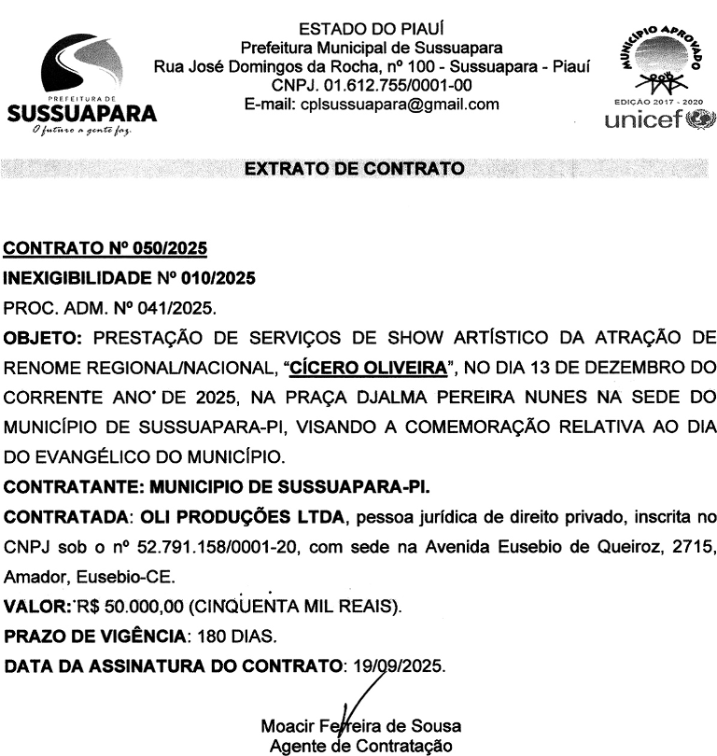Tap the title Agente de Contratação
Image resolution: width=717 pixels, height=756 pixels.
360,746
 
